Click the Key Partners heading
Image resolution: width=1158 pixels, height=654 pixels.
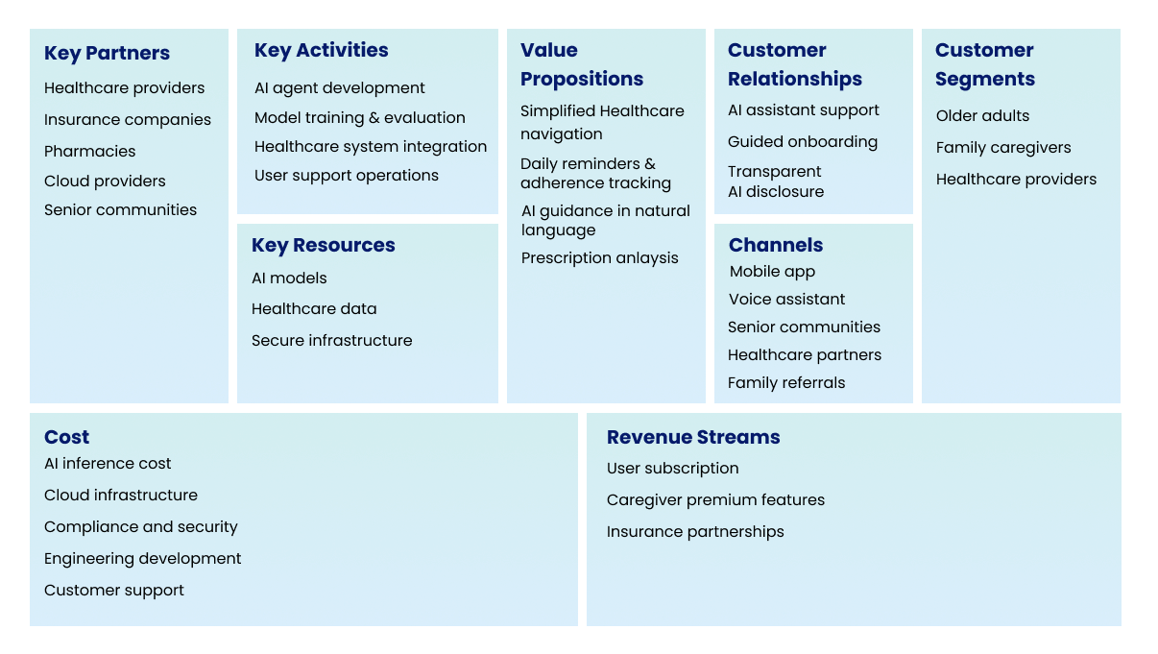pyautogui.click(x=107, y=54)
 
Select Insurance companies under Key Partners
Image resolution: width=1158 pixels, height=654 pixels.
pyautogui.click(x=128, y=120)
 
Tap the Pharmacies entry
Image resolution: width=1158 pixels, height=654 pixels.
pyautogui.click(x=90, y=152)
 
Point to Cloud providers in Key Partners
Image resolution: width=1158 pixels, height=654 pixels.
pyautogui.click(x=105, y=182)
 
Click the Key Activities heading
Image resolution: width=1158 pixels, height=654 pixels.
pyautogui.click(x=321, y=51)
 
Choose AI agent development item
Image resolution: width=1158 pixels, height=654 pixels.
pyautogui.click(x=339, y=88)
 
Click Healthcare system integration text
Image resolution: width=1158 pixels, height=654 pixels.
pyautogui.click(x=370, y=147)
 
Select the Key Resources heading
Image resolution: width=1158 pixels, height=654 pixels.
pyautogui.click(x=323, y=246)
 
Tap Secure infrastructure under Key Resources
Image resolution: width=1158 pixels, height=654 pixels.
pyautogui.click(x=331, y=341)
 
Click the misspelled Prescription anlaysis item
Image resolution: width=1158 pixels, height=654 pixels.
pyautogui.click(x=599, y=258)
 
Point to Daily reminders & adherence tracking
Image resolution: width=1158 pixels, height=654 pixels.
pyautogui.click(x=595, y=174)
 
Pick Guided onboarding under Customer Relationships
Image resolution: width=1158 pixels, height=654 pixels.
pyautogui.click(x=802, y=142)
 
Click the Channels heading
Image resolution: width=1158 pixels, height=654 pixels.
pyautogui.click(x=776, y=246)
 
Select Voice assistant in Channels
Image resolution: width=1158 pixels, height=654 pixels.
pyautogui.click(x=786, y=300)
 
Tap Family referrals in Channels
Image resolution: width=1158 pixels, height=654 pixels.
pyautogui.click(x=786, y=383)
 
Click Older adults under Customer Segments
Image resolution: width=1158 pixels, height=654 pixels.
pyautogui.click(x=982, y=116)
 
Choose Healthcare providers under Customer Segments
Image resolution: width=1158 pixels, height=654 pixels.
pyautogui.click(x=1016, y=180)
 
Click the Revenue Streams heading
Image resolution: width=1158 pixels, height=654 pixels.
pyautogui.click(x=693, y=438)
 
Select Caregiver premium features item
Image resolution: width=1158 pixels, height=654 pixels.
pyautogui.click(x=715, y=500)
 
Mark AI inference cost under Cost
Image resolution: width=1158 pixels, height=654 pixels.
pyautogui.click(x=108, y=464)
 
